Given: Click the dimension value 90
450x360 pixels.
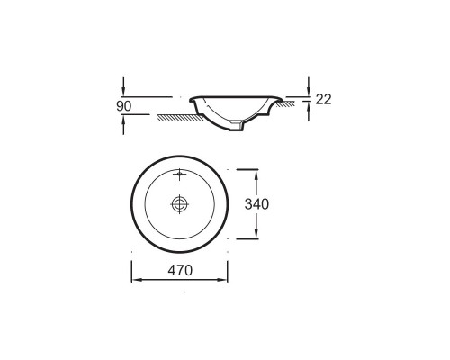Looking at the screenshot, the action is point(124,106).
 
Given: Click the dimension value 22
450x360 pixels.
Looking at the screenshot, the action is point(323,99).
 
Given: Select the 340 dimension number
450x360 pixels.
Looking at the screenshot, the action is point(256,204).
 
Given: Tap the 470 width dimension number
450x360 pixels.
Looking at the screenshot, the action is point(180,271).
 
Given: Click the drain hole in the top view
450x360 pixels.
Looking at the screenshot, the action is point(179,204).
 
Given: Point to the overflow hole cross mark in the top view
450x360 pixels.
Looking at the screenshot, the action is point(179,174).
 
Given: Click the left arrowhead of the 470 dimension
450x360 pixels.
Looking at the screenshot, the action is point(137,280).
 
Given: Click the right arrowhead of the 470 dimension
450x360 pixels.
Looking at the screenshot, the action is point(222,280).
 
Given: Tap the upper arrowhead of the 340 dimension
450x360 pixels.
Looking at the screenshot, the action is point(256,175).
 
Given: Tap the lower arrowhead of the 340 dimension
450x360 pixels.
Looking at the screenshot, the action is point(256,233).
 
